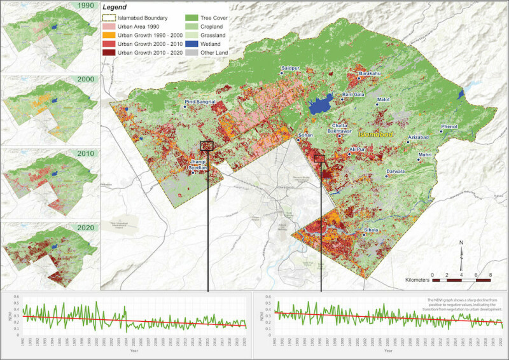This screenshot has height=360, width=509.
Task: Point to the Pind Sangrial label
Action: (200, 102)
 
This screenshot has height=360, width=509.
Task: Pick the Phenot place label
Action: (449, 127)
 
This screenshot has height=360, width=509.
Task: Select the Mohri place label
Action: (425, 155)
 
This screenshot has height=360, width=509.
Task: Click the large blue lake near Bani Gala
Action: (321, 104)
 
